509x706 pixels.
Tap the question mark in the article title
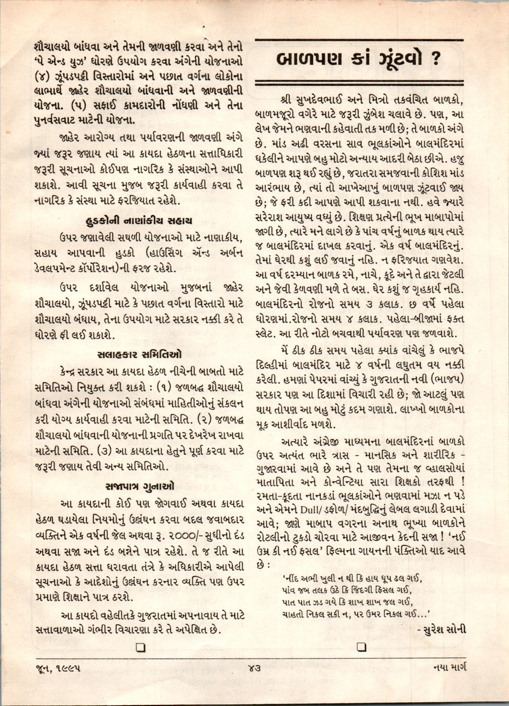(435, 60)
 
